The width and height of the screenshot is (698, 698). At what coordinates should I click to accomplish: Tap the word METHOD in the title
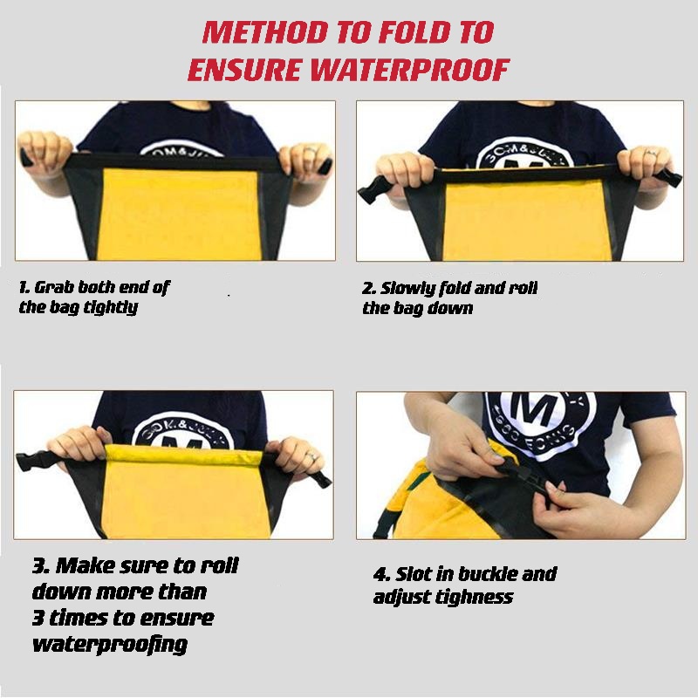pos(265,32)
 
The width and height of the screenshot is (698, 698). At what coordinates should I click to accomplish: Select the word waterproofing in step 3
pos(110,644)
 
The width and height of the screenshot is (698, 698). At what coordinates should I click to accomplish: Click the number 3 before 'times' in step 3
pos(38,619)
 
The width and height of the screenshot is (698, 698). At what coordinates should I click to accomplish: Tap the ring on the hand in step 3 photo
pos(311,455)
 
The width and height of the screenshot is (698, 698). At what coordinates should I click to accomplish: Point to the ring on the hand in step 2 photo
pos(651,154)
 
